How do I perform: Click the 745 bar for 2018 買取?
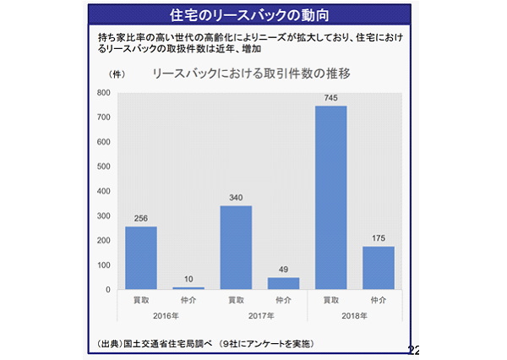coord(330,197)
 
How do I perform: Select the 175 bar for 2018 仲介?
coord(379,268)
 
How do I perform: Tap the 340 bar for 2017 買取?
coord(236,247)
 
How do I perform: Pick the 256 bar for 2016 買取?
coord(141,258)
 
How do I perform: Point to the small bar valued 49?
coord(284,283)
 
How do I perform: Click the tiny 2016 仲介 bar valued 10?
coord(188,288)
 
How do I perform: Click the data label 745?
coord(330,98)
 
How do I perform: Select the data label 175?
coord(379,238)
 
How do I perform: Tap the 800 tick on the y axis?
coord(103,92)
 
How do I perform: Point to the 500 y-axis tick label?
coord(103,166)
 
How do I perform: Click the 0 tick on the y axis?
coord(108,290)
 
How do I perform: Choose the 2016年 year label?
coord(166,316)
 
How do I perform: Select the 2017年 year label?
coord(261,316)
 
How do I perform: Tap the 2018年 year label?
coord(354,316)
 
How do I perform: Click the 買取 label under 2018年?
coord(331,300)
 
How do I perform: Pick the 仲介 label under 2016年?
coord(188,300)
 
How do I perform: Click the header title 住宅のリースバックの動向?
coord(249,15)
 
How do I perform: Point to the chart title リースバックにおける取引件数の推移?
coord(251,74)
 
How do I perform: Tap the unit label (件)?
coord(117,74)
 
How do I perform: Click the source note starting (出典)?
coord(205,343)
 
